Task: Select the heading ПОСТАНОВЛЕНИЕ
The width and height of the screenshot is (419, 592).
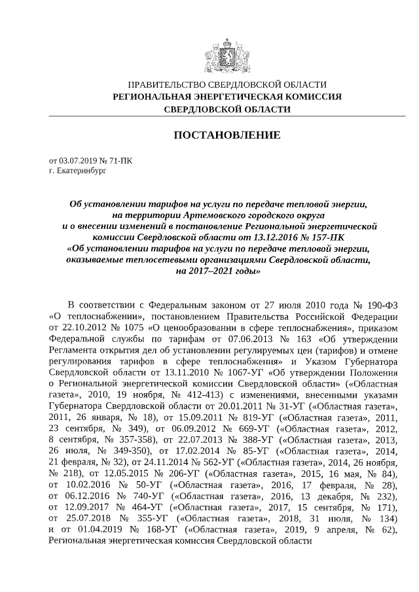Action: [227, 135]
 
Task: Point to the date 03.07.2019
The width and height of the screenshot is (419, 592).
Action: [78, 160]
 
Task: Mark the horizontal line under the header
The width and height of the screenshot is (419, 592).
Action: [227, 116]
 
